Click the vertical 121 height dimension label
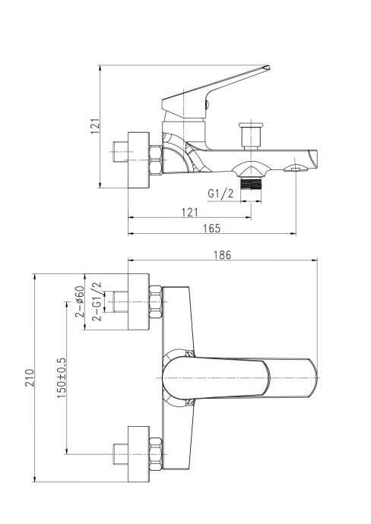click(95, 125)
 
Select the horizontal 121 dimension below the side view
click(191, 212)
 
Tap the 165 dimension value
click(211, 228)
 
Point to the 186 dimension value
click(223, 256)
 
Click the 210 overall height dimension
click(29, 377)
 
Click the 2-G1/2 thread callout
click(97, 301)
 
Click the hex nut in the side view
click(156, 160)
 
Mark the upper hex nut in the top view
click(157, 301)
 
